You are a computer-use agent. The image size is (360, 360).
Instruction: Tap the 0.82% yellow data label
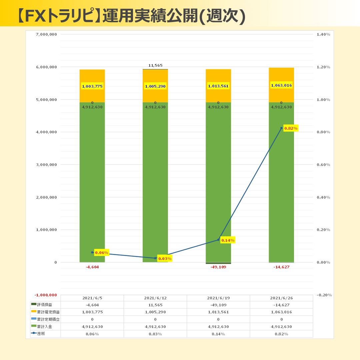pyautogui.click(x=291, y=128)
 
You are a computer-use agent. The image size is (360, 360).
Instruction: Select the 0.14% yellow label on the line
pyautogui.click(x=228, y=240)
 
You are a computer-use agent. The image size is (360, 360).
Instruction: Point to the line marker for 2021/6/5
pyautogui.click(x=92, y=252)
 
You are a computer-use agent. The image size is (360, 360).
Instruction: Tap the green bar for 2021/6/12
pyautogui.click(x=155, y=183)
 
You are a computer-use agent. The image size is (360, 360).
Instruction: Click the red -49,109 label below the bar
pyautogui.click(x=218, y=267)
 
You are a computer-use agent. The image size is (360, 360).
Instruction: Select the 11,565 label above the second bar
pyautogui.click(x=155, y=65)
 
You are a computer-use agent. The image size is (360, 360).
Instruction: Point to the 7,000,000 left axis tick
pyautogui.click(x=46, y=34)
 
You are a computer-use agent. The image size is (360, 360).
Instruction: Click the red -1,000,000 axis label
pyautogui.click(x=46, y=295)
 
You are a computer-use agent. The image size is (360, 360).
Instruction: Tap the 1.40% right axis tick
pyautogui.click(x=323, y=34)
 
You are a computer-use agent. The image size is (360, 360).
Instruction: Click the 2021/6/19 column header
pyautogui.click(x=218, y=298)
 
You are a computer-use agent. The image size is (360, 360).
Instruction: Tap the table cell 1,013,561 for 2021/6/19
pyautogui.click(x=218, y=312)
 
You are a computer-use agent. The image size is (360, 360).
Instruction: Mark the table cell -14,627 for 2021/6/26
pyautogui.click(x=281, y=305)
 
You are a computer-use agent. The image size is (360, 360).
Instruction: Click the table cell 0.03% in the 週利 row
pyautogui.click(x=155, y=334)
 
